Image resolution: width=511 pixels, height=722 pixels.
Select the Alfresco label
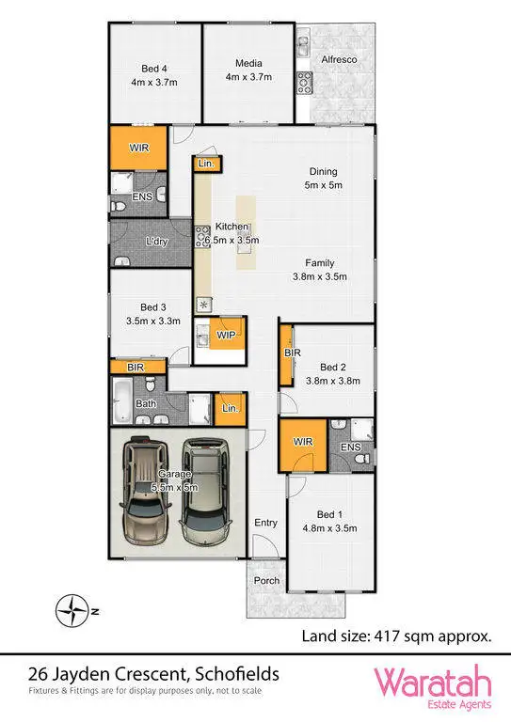click(x=339, y=59)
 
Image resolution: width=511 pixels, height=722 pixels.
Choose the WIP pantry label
click(x=225, y=335)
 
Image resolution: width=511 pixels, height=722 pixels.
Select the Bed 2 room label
click(x=333, y=374)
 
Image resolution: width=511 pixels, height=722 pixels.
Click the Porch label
click(x=267, y=580)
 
